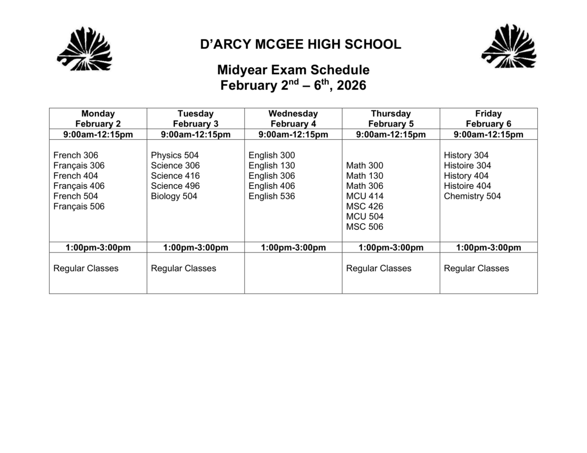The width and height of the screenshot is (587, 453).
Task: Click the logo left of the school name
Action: pos(84,49)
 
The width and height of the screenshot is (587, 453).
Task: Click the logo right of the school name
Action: pos(509,47)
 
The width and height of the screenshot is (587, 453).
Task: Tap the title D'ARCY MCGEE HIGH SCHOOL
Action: pos(300,44)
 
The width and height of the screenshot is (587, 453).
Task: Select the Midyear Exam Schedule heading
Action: pos(293,70)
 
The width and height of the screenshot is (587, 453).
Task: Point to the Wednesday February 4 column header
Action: pos(293,119)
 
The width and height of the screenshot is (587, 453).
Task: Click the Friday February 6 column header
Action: pos(488,119)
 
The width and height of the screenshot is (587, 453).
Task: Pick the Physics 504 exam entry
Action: pos(175,155)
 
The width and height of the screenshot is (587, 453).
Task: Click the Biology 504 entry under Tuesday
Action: pos(174,196)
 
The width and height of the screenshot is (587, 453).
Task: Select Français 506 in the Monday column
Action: pos(79,206)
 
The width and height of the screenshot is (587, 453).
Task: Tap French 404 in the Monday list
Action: pos(76,176)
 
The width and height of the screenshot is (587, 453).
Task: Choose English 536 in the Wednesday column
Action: pos(272,196)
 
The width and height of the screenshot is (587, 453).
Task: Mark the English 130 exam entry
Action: pos(272,166)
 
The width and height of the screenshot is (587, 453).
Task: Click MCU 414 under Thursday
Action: pos(364,196)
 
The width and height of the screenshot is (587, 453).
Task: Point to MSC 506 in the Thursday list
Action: pos(364,227)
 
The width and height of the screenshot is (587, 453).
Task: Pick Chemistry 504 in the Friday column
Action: pos(472,196)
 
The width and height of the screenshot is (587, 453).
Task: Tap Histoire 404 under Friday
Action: pos(467,186)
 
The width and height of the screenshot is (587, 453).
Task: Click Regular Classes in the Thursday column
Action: pos(379,268)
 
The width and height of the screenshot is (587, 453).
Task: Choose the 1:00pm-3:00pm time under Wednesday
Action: pos(293,248)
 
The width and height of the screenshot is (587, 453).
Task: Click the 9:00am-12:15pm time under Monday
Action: pos(98,134)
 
